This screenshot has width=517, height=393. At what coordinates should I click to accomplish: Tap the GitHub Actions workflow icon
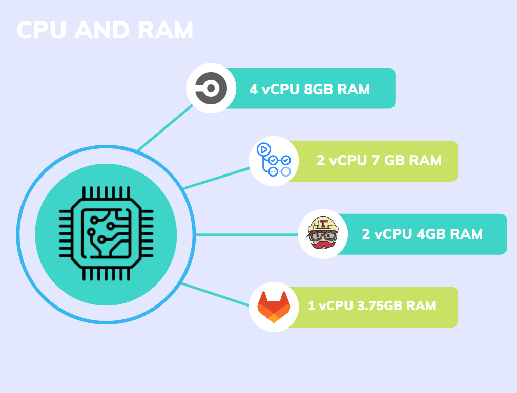pyautogui.click(x=273, y=161)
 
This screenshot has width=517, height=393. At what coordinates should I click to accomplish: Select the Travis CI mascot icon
pyautogui.click(x=323, y=234)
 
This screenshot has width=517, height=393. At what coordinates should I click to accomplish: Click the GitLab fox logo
pyautogui.click(x=273, y=307)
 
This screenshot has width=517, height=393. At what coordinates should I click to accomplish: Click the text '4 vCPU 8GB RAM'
pyautogui.click(x=309, y=89)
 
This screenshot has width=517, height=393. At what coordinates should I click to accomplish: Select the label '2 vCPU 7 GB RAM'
pyautogui.click(x=379, y=161)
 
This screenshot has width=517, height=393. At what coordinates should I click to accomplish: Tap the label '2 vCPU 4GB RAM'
pyautogui.click(x=422, y=234)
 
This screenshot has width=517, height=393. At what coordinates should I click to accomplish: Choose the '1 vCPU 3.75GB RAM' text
pyautogui.click(x=371, y=306)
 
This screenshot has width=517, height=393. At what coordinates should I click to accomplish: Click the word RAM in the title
pyautogui.click(x=166, y=31)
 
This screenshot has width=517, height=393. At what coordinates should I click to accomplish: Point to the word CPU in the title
pyautogui.click(x=42, y=31)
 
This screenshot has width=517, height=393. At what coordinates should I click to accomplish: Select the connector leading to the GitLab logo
pyautogui.click(x=215, y=294)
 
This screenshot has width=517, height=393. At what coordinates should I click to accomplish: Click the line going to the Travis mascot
pyautogui.click(x=246, y=235)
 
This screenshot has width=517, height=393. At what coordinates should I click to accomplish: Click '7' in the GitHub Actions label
pyautogui.click(x=376, y=161)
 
